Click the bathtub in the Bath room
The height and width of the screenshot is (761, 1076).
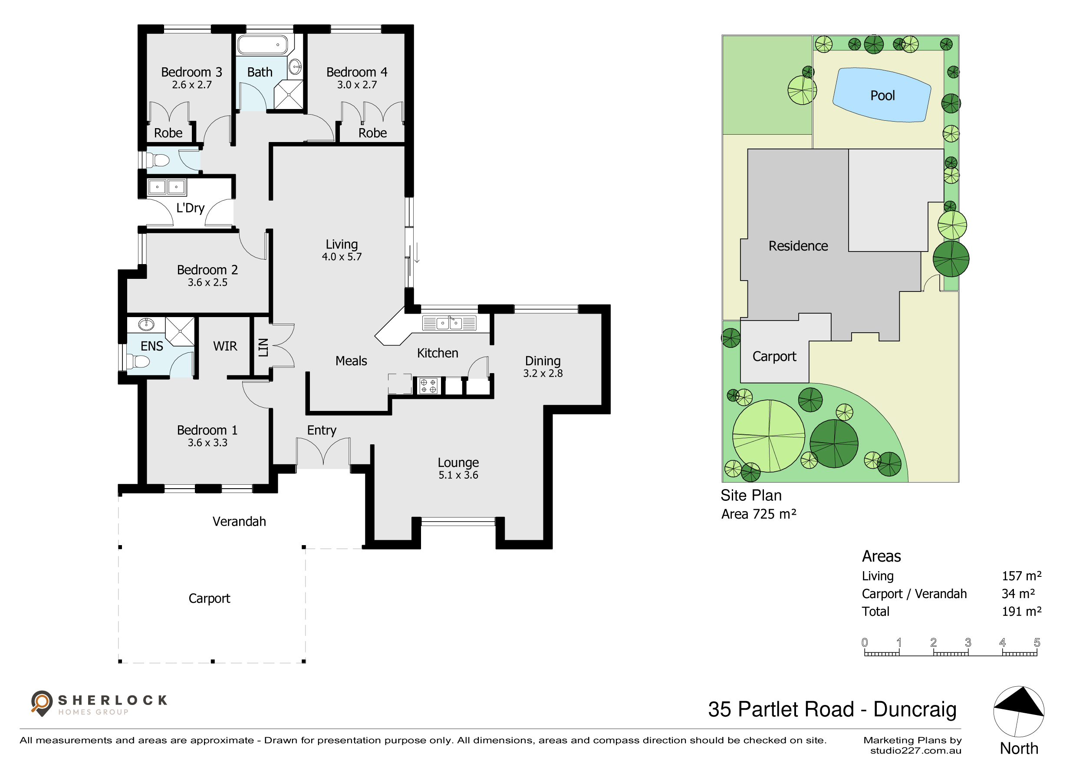[263, 45]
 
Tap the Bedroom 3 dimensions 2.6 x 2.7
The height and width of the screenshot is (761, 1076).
[192, 85]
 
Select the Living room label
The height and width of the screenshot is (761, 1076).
[342, 244]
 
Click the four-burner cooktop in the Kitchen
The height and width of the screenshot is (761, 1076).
[428, 386]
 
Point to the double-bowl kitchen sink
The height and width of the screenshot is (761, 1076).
[449, 323]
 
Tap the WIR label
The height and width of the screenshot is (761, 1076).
[225, 346]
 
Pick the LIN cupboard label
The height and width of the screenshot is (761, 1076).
[263, 347]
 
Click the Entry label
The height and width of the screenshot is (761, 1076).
[322, 430]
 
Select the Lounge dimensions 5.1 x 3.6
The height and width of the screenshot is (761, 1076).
[458, 475]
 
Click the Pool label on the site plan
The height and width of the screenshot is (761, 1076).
[882, 96]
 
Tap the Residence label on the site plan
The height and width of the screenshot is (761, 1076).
[798, 246]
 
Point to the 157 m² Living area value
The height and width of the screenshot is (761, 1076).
[1022, 576]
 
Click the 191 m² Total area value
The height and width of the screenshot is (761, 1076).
[1022, 612]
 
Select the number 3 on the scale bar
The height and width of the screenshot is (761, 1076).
[968, 642]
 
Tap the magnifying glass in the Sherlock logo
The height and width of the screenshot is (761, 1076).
[41, 702]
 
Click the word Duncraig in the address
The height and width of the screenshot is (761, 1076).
[915, 710]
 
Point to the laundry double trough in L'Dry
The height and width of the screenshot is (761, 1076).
[167, 187]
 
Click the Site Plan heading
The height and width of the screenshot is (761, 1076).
[751, 496]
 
